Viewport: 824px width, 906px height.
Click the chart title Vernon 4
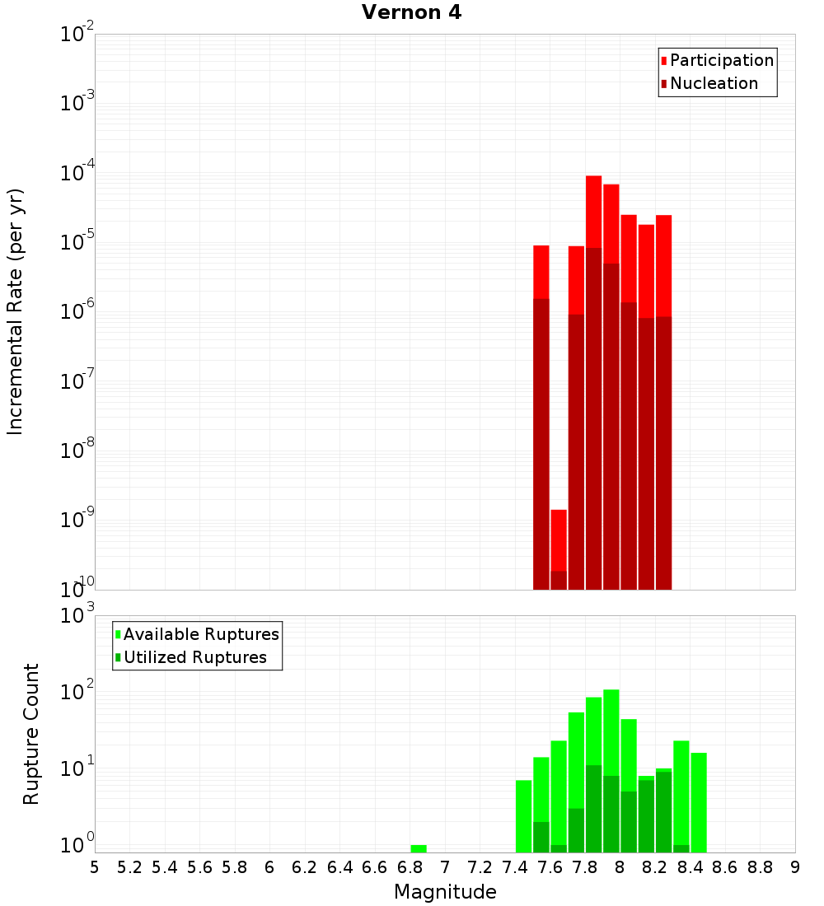411,12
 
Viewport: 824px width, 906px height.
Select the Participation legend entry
721,60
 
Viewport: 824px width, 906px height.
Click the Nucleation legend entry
713,83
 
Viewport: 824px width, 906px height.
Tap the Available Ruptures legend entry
200,634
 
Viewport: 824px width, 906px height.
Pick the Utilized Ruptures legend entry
194,657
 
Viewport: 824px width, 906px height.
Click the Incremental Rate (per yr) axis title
15,311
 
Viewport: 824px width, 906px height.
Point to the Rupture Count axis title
31,734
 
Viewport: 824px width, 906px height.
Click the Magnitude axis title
445,892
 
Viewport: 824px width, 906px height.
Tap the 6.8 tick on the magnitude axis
410,867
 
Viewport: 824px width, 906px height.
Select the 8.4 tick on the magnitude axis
690,867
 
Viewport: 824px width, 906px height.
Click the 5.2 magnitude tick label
129,867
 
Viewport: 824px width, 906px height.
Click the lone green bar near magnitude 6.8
419,848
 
